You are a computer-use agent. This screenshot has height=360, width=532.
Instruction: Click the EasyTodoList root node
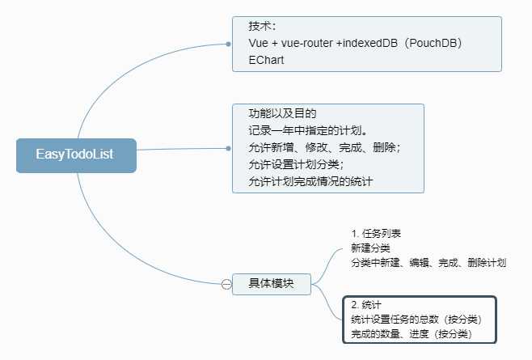pos(75,155)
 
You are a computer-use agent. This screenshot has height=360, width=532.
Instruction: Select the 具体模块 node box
pos(271,283)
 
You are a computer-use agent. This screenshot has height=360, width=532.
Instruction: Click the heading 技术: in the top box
pos(263,26)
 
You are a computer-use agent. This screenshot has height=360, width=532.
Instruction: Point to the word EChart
pos(266,60)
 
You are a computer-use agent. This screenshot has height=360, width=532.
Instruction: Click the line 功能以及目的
pos(281,113)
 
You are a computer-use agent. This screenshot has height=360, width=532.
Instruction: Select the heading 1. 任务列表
pos(376,233)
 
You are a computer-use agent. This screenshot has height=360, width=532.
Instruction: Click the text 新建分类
pos(370,248)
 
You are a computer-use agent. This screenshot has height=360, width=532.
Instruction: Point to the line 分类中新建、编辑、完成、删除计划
pos(429,263)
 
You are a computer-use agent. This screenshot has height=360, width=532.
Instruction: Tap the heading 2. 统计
pos(366,305)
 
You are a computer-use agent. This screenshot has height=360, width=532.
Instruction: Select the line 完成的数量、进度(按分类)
pos(411,334)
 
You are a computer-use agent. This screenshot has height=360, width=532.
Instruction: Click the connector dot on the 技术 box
pos(229,44)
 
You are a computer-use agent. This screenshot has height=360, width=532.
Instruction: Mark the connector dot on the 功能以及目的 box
pos(229,148)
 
